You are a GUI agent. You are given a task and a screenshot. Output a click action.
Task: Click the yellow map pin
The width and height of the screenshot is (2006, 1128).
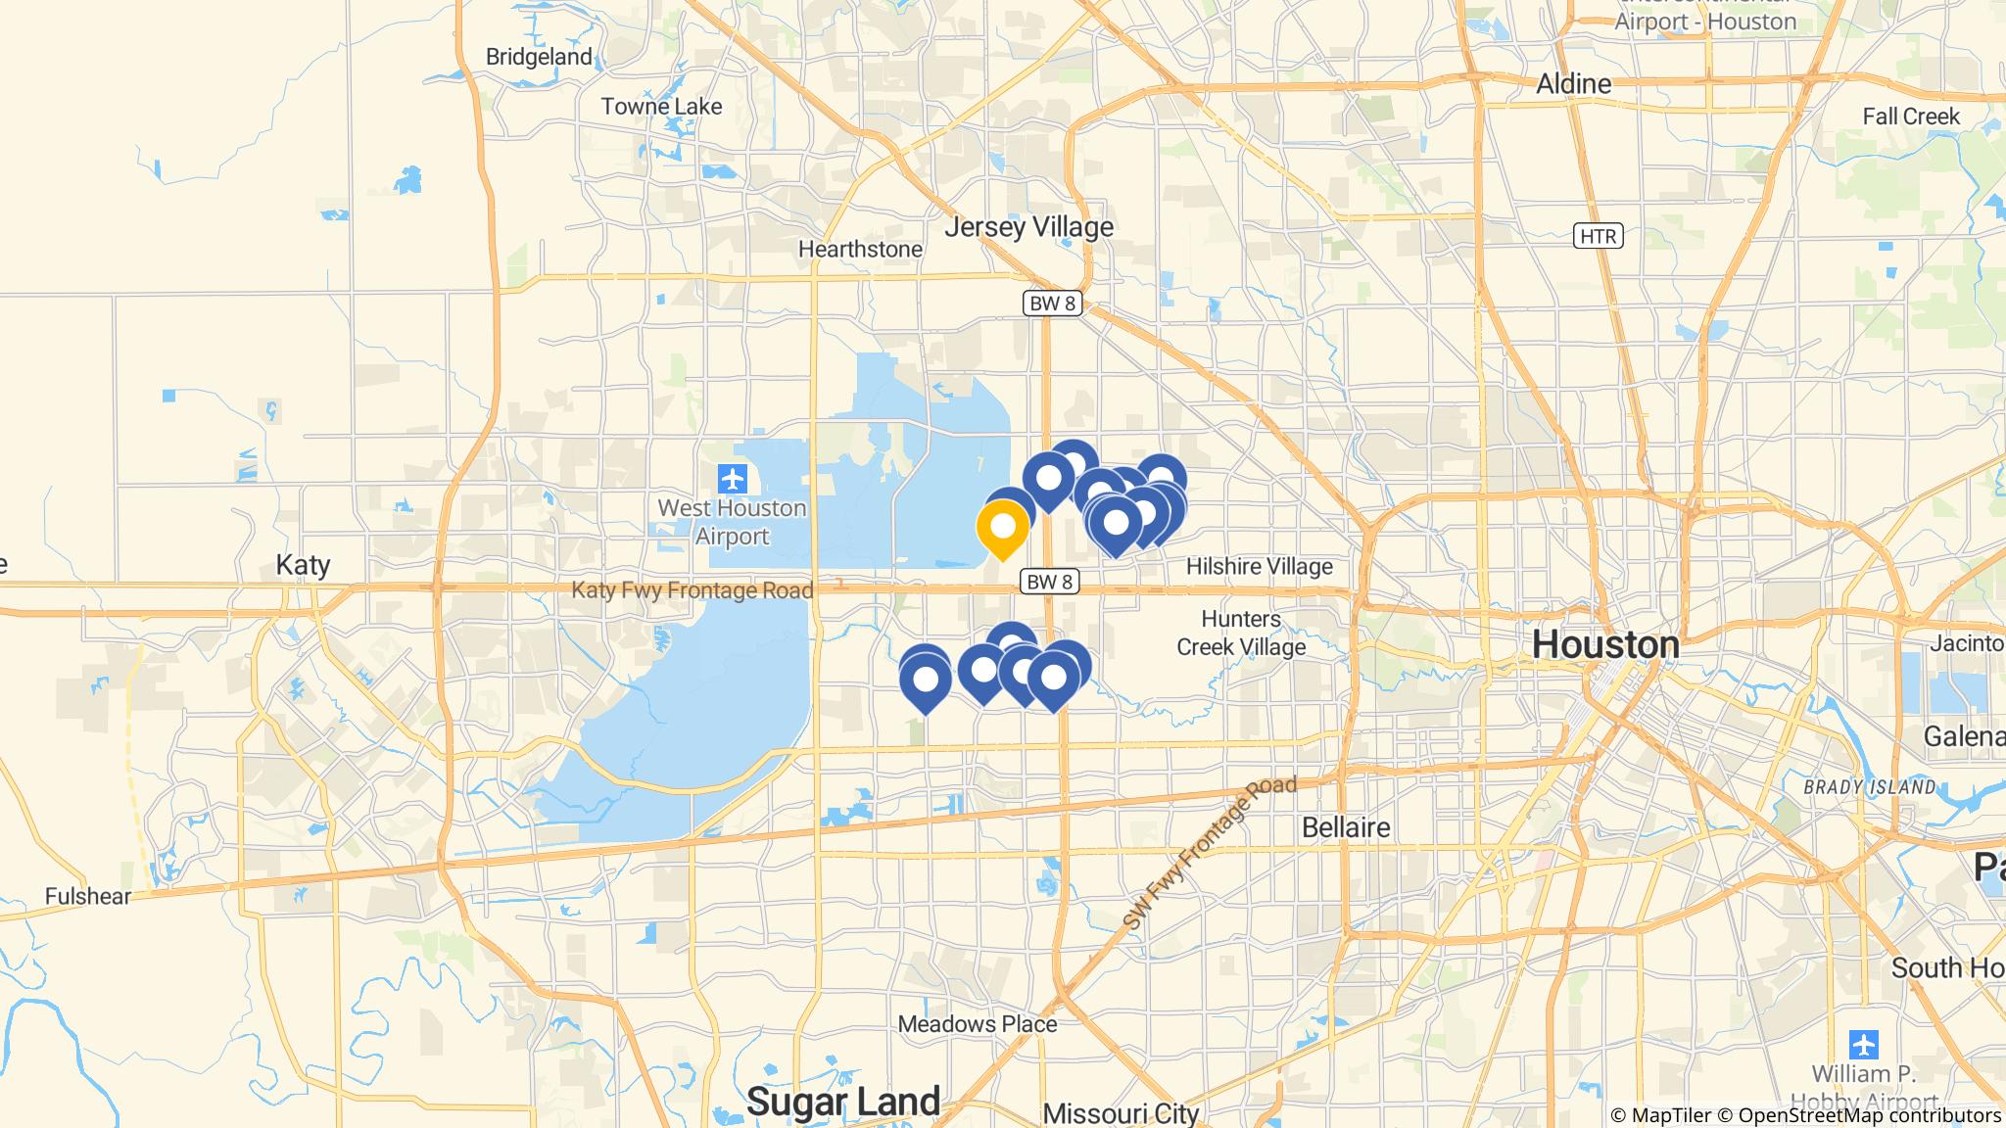point(1002,528)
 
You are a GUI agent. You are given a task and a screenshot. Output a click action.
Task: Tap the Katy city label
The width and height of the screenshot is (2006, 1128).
point(303,565)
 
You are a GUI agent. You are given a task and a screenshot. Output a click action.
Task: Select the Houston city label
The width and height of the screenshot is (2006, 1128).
point(1605,644)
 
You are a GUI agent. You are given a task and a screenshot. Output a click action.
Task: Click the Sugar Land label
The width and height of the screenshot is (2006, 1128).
point(843,1102)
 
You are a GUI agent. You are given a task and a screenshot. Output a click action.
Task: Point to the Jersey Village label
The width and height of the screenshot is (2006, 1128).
point(1028,227)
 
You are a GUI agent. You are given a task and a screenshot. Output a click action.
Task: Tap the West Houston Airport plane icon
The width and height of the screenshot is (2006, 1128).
point(732,480)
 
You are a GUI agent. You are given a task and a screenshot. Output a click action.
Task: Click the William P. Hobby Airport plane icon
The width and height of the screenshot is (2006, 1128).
point(1863,1044)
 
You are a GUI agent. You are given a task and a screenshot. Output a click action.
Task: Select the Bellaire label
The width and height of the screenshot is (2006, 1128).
point(1346,827)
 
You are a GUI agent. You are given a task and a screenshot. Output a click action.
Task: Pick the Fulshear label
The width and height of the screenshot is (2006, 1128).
point(88,896)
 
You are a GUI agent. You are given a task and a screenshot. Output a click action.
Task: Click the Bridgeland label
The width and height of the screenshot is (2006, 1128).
point(539,57)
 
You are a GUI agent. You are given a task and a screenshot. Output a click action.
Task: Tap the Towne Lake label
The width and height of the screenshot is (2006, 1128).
point(661,107)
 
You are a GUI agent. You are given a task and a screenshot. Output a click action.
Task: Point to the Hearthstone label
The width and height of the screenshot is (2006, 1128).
point(860,250)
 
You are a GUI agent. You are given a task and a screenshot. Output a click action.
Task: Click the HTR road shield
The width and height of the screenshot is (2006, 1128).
point(1599,236)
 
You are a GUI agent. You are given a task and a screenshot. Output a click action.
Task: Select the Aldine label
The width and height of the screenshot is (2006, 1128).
point(1573,84)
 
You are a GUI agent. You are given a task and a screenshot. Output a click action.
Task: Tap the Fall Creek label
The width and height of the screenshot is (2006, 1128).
point(1911,117)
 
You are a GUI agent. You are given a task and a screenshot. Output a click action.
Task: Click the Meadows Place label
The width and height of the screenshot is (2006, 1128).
point(978,1024)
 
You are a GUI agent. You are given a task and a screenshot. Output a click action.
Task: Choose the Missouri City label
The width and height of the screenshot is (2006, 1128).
point(1121,1114)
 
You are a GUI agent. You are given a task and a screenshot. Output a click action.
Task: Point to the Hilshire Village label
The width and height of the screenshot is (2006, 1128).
point(1259,567)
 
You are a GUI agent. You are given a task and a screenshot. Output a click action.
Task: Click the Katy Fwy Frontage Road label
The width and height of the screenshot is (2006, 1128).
point(693,590)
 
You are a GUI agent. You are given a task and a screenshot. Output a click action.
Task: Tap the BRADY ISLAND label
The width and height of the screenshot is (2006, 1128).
point(1871,787)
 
